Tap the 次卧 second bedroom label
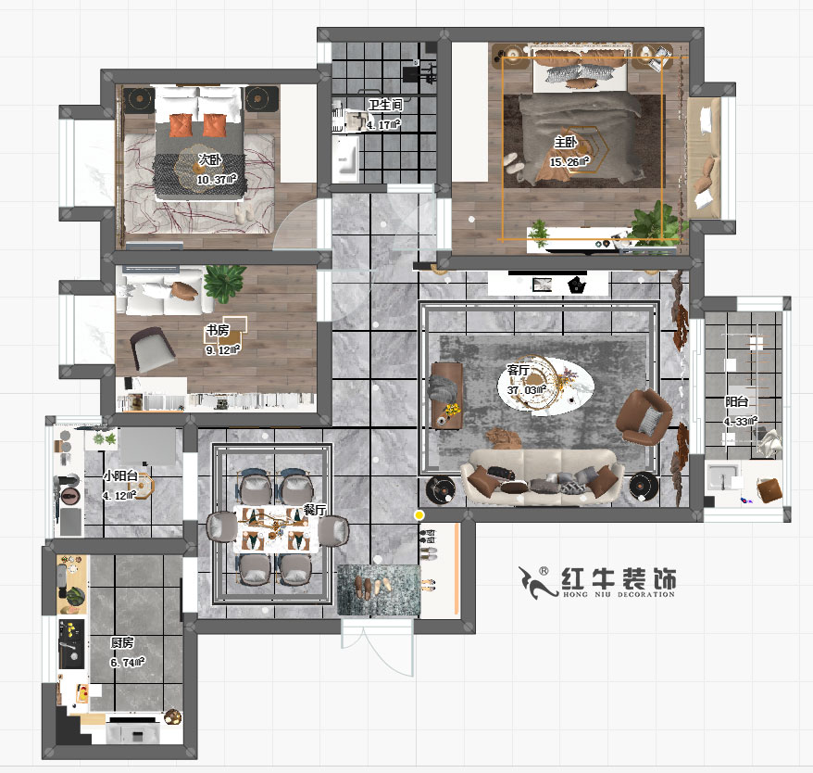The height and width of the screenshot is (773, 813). (209, 160)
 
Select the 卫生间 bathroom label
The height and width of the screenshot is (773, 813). (383, 106)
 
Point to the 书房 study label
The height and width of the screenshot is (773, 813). (218, 330)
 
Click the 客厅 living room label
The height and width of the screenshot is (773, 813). (519, 370)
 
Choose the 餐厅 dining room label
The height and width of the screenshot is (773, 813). (315, 511)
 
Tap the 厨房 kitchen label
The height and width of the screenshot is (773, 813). (122, 642)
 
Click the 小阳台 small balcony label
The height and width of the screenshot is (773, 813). (119, 476)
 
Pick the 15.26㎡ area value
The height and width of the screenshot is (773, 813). (568, 162)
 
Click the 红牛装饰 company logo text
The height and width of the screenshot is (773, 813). (619, 579)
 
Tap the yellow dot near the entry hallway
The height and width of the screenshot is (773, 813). (419, 514)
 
